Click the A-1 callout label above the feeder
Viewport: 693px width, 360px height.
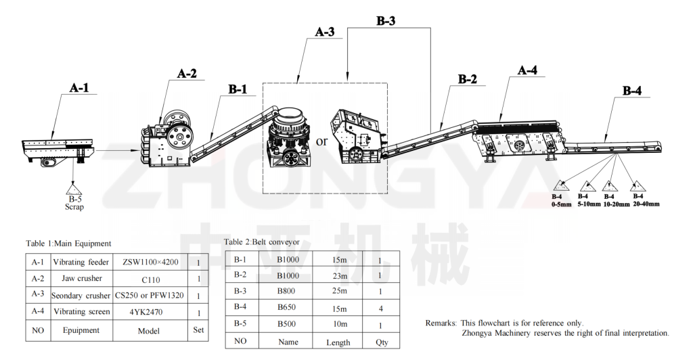pos(79,88)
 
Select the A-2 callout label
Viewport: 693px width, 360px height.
pos(187,74)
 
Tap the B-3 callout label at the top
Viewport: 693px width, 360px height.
pos(386,21)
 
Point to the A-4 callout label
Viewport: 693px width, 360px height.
pos(528,70)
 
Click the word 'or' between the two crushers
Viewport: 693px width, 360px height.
pos(321,141)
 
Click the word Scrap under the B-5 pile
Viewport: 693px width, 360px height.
pos(74,207)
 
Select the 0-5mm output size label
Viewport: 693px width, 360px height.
pos(561,204)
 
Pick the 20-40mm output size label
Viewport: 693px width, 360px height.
pos(646,204)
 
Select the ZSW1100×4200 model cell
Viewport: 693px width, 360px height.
pos(150,262)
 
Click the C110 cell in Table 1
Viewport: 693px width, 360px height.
pos(150,278)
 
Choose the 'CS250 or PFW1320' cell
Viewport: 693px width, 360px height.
pos(150,295)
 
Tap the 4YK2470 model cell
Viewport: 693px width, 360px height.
pos(150,311)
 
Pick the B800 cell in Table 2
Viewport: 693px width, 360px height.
pos(286,291)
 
